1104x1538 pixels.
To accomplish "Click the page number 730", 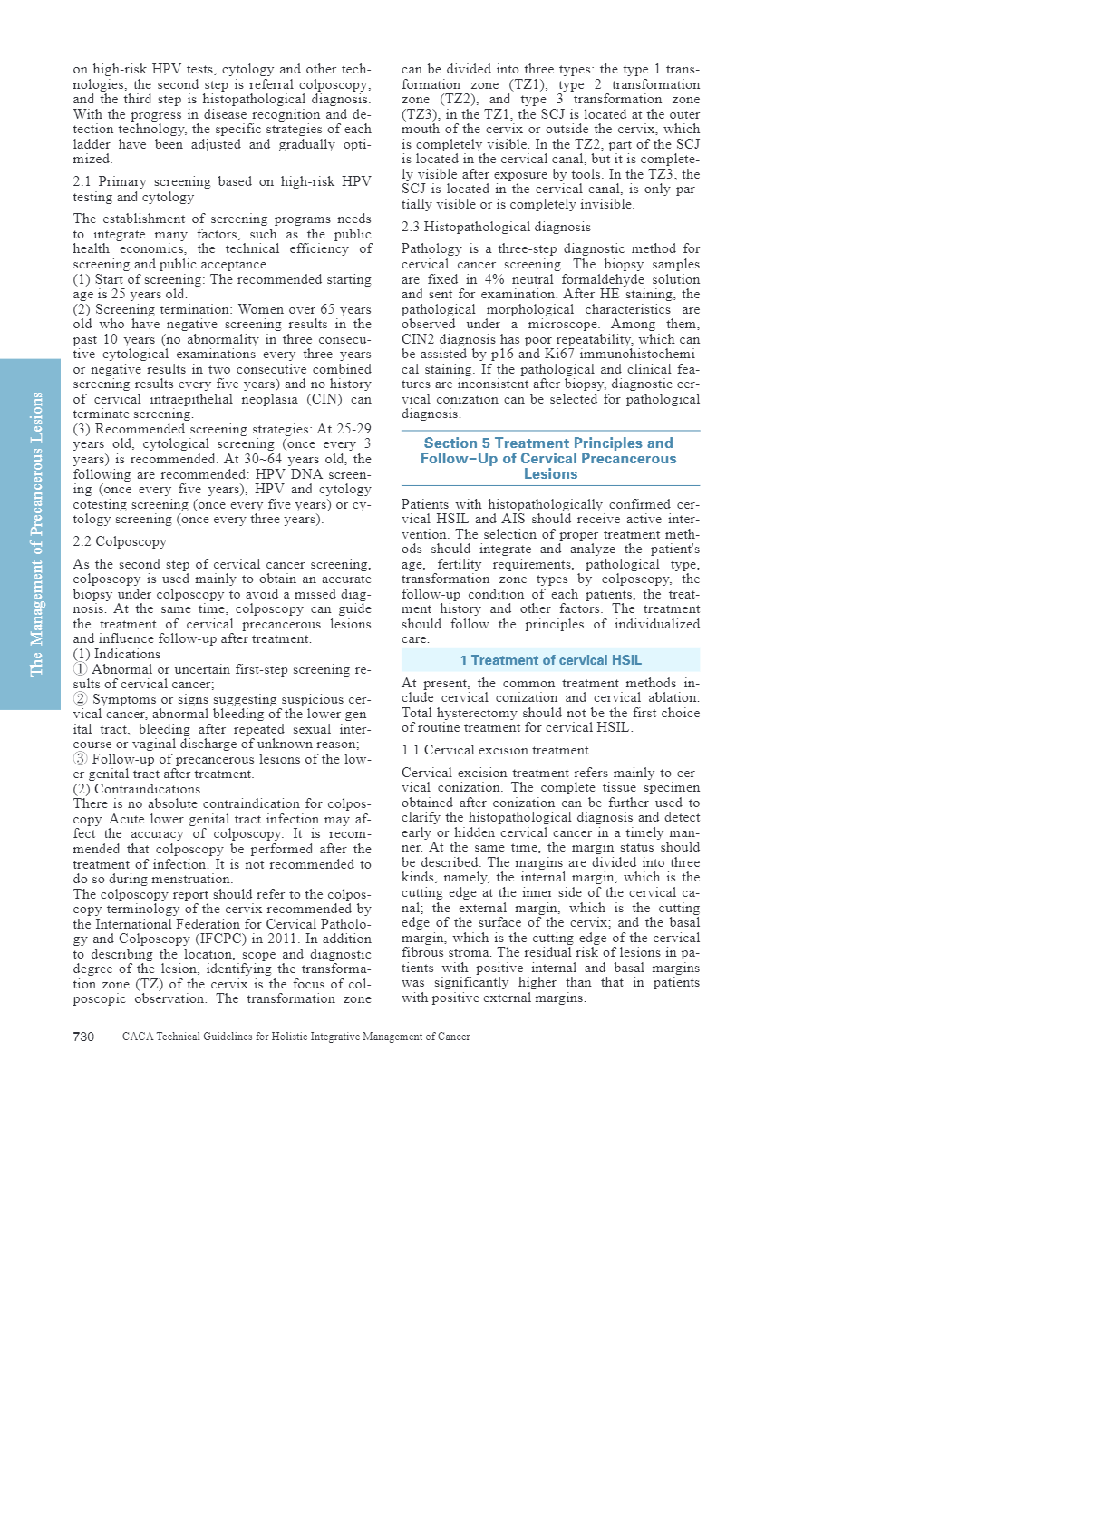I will pos(83,1037).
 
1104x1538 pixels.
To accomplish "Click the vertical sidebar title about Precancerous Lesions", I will pos(36,534).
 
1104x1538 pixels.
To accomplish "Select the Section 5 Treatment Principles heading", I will pos(549,458).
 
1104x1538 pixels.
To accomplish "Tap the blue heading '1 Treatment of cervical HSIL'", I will pos(550,660).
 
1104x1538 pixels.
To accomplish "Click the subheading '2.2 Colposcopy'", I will pos(120,541).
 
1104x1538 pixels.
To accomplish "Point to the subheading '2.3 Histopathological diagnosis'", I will pos(496,227).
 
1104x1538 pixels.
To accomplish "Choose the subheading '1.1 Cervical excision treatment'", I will pos(495,750).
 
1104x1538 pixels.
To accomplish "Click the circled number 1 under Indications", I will pos(81,669).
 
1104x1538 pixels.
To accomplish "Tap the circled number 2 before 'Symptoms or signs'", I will pos(81,699).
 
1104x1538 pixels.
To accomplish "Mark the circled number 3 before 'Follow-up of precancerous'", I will pos(81,759).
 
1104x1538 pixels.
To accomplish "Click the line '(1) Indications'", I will pos(117,654).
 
